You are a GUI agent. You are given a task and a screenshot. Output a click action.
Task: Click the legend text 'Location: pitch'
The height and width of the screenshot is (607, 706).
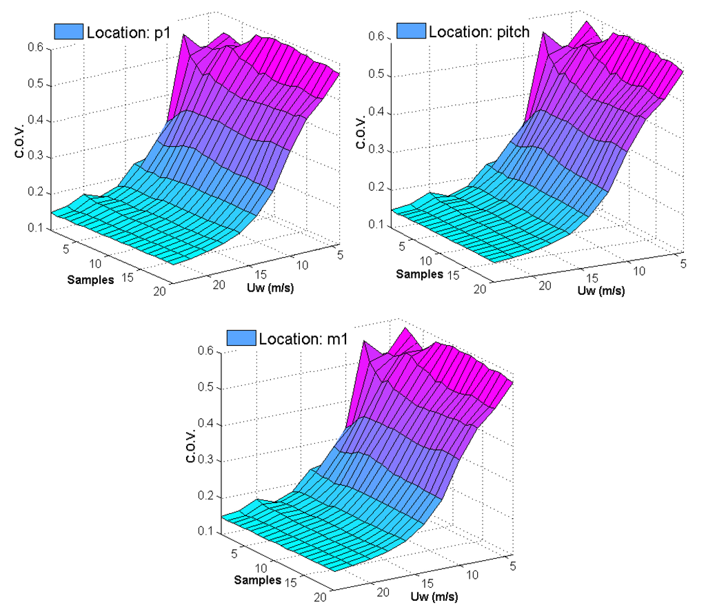click(479, 31)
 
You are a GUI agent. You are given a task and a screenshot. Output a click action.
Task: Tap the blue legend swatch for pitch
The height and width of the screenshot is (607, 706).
click(411, 31)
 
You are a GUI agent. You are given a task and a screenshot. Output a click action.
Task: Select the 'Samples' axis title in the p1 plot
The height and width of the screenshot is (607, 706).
click(90, 279)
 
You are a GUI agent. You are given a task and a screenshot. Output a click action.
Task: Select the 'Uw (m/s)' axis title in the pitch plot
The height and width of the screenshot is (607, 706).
click(601, 290)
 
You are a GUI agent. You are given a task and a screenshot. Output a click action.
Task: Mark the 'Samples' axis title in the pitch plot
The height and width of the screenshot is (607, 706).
click(419, 274)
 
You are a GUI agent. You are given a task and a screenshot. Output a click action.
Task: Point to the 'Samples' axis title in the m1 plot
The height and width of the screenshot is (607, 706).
click(257, 579)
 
